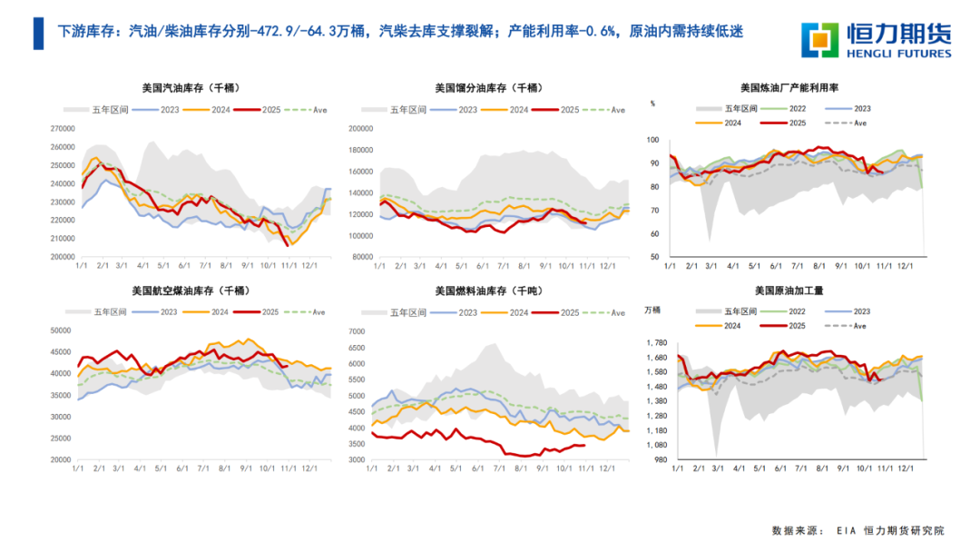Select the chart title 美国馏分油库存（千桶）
pos(490,89)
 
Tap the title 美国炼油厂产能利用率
pos(789,89)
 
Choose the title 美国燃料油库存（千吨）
pos(490,291)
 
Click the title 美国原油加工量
pos(789,291)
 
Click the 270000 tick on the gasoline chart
pos(63,129)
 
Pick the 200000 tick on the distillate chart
pos(362,130)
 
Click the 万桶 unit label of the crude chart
pos(652,310)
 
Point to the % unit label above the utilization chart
pos(652,104)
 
